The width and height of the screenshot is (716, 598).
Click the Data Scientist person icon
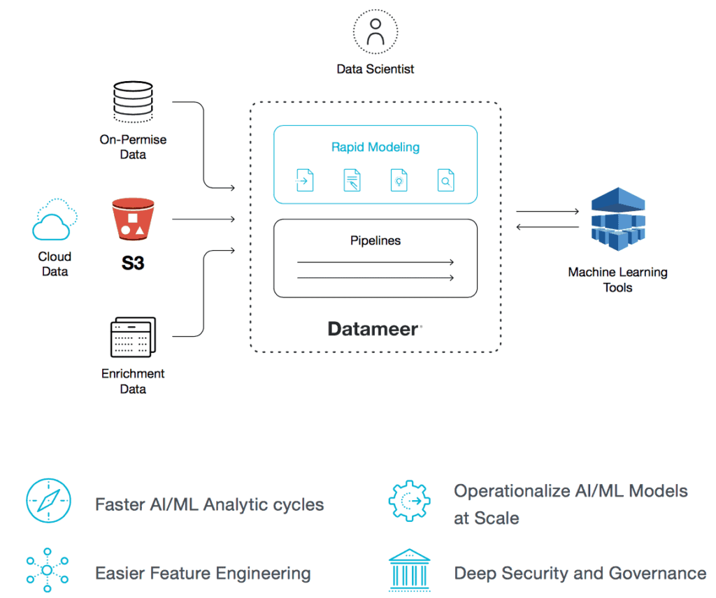pos(375,31)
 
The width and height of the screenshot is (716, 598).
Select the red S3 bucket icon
pos(132,219)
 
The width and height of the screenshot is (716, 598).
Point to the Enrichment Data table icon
pos(132,337)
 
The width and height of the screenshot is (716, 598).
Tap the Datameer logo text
pos(375,329)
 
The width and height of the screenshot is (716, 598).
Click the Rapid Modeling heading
pos(375,147)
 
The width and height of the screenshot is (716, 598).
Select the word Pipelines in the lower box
pos(375,240)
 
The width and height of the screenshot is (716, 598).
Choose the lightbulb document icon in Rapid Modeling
pos(399,180)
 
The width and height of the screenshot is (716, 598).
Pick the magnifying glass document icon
pos(445,180)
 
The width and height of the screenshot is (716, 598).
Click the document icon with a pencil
pos(352,180)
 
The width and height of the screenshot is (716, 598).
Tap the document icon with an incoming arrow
pos(305,180)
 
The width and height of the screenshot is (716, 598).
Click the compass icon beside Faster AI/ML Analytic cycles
pos(48,502)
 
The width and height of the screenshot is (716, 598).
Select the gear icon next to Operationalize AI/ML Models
pos(409,502)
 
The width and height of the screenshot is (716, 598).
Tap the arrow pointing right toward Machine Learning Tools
pos(547,212)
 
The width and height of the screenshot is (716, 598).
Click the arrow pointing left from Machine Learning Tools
pos(547,227)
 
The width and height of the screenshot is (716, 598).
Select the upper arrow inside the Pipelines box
pos(375,263)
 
